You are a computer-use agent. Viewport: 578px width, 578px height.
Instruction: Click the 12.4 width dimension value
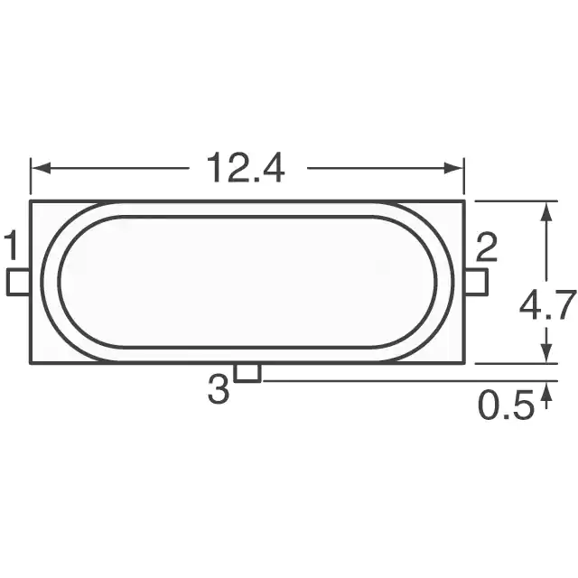click(246, 168)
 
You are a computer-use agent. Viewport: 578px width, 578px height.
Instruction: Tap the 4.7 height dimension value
click(548, 305)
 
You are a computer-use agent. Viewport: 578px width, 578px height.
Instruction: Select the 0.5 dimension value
click(506, 405)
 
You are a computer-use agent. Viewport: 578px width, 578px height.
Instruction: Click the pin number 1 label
click(12, 245)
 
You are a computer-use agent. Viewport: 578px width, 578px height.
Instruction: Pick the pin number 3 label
click(219, 389)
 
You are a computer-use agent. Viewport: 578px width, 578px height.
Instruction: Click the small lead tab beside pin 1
click(18, 283)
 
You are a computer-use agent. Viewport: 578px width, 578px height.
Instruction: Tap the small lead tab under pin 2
click(477, 283)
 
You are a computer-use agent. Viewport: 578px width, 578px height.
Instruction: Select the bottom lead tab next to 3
click(247, 372)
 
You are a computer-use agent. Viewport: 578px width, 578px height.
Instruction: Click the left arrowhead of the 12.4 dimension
click(41, 169)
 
